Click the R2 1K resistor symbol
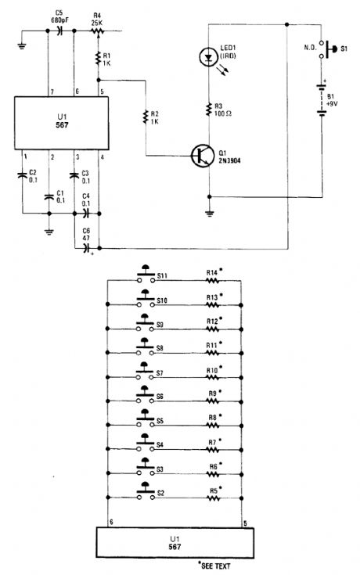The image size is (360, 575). click(144, 117)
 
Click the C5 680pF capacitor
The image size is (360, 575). click(60, 31)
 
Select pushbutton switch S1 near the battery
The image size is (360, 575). click(335, 51)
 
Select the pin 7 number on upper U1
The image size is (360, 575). click(52, 92)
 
